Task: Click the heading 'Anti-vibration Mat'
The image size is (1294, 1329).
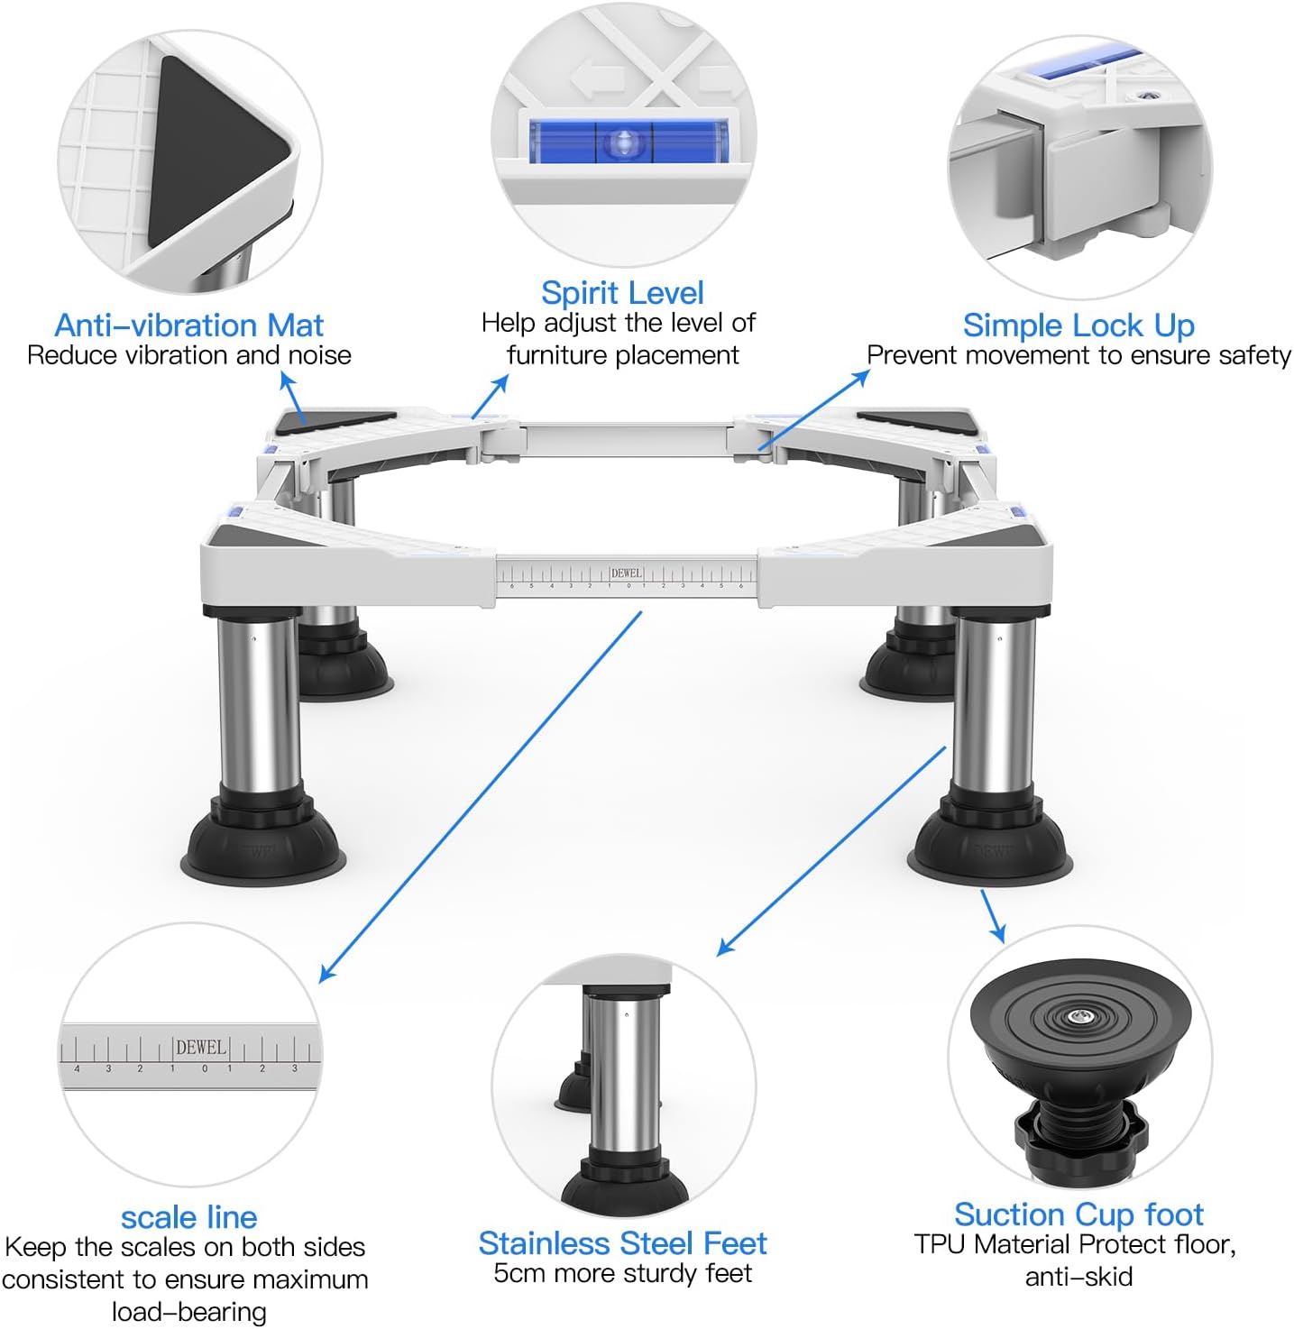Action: point(188,325)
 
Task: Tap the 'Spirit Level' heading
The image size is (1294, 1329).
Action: point(622,294)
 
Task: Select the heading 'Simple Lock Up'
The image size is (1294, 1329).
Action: point(1078,325)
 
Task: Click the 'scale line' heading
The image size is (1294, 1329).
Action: point(188,1217)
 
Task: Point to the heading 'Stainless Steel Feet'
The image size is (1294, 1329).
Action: point(622,1243)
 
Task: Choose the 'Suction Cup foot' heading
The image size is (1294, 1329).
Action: point(1078,1214)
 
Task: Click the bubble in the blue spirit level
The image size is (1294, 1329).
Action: point(623,142)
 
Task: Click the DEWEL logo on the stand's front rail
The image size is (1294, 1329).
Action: point(626,573)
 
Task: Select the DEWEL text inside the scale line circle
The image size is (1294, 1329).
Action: point(201,1047)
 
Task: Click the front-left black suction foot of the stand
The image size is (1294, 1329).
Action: point(262,844)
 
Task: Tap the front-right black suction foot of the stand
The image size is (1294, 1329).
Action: point(990,844)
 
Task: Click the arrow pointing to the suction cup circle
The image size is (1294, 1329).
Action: point(993,916)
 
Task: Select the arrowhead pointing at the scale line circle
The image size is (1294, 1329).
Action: point(326,974)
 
